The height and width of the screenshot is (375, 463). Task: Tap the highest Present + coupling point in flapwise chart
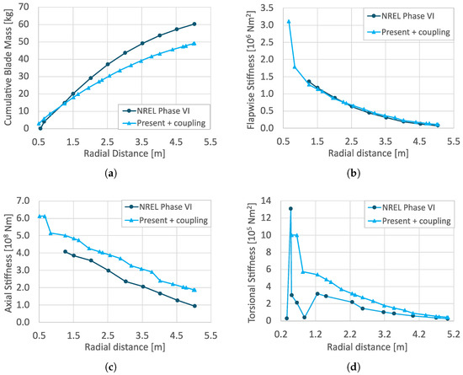click(x=289, y=22)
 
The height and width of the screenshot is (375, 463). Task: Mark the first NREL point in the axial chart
click(x=66, y=251)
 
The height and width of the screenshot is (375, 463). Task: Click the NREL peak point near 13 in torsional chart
click(x=290, y=208)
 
